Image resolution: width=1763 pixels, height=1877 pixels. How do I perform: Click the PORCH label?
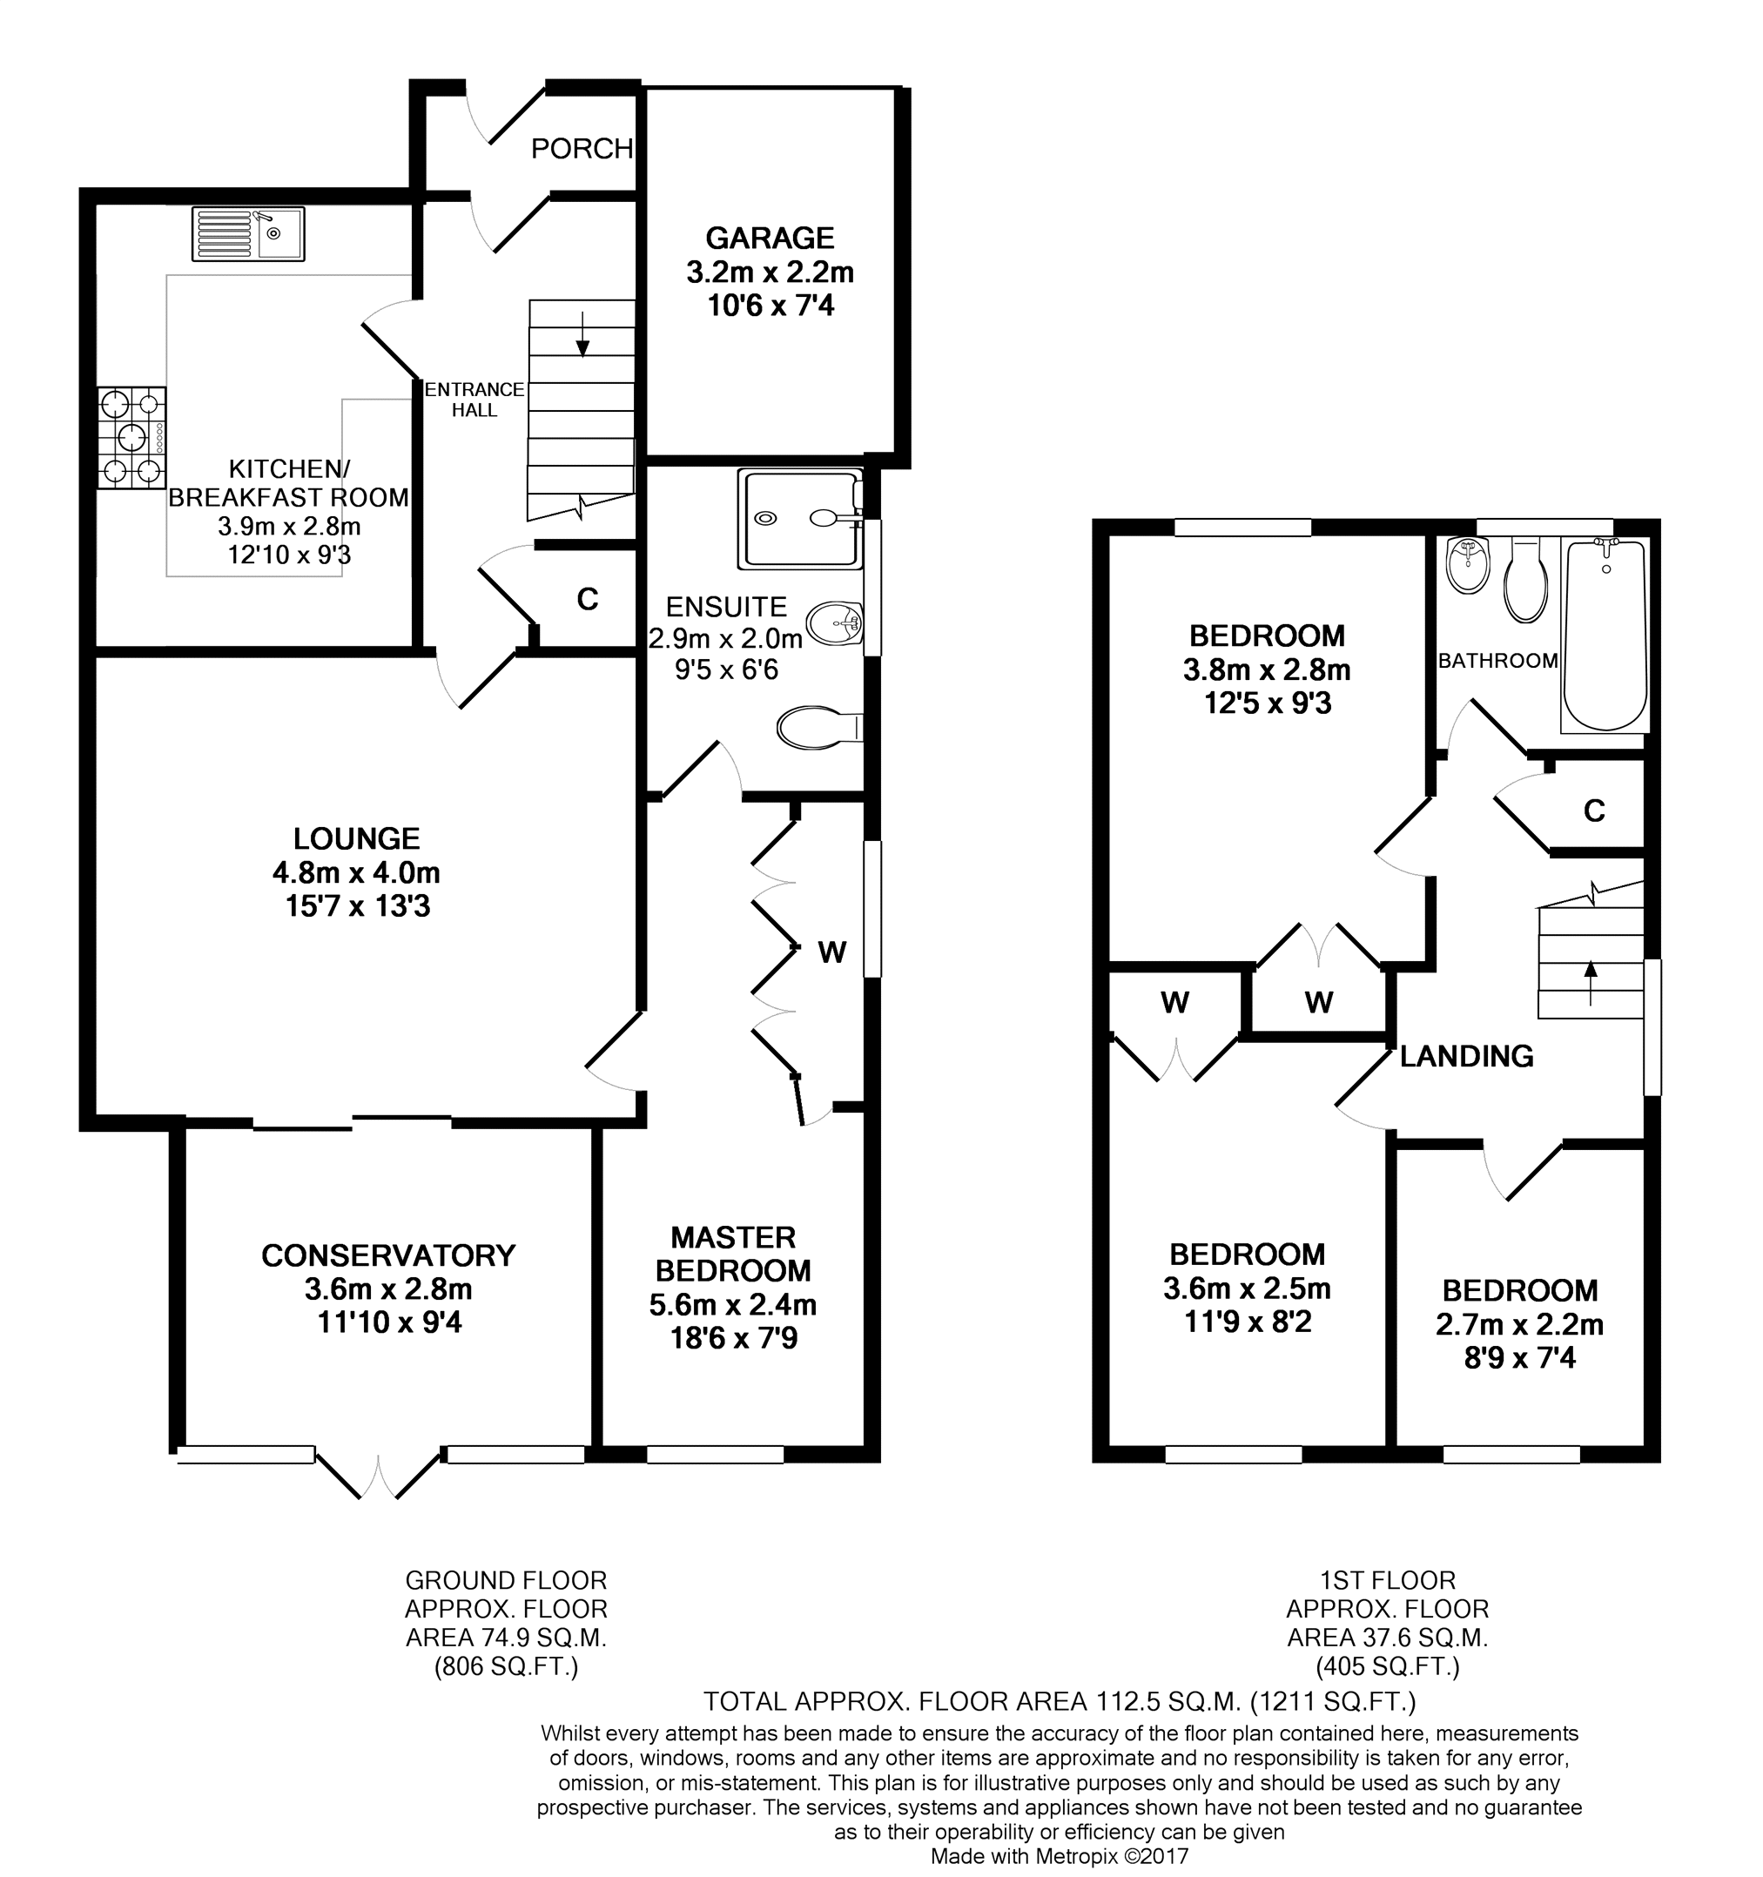[x=582, y=149]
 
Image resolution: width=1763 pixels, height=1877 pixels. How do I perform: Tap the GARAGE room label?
[x=770, y=238]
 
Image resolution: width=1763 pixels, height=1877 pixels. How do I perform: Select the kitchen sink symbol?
[x=248, y=234]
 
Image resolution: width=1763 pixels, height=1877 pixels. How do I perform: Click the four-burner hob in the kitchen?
[x=131, y=438]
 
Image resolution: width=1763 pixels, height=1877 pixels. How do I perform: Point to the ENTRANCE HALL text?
[x=474, y=400]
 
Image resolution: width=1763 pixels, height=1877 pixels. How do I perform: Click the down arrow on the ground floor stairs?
[x=582, y=334]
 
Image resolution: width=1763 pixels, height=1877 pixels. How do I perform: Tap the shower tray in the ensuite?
[x=801, y=518]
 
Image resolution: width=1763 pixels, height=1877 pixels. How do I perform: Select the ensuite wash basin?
[x=835, y=623]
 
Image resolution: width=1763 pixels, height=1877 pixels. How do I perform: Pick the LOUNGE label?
[x=357, y=838]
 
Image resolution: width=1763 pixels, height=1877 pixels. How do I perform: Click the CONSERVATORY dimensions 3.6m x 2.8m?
[x=389, y=1288]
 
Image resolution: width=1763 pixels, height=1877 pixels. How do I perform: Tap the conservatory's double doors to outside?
[x=379, y=1475]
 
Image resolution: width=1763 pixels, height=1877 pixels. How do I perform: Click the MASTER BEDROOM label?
[x=734, y=1254]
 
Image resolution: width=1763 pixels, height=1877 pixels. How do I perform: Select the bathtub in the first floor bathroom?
[x=1605, y=635]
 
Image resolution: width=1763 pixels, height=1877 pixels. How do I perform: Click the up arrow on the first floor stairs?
[x=1591, y=983]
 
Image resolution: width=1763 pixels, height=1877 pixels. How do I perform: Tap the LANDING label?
[x=1466, y=1055]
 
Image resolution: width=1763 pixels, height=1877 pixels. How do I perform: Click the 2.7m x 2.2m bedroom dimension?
[x=1519, y=1325]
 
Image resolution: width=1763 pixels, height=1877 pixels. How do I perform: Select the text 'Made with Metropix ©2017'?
[x=1060, y=1856]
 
